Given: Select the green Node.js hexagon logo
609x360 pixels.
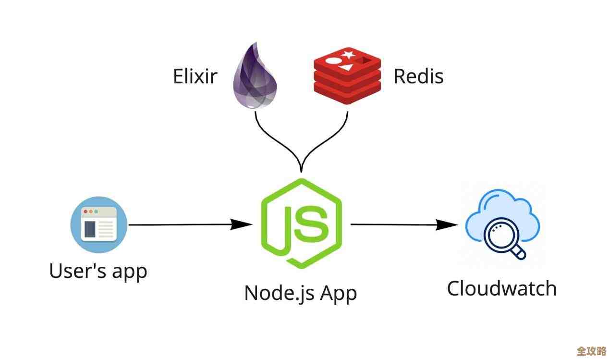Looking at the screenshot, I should pos(301,223).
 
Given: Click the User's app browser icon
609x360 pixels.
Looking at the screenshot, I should pos(98,224).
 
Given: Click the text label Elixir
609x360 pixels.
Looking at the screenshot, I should pos(195,76).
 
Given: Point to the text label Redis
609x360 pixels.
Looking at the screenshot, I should pos(418,76).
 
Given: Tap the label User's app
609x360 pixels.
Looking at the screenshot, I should pos(98,271).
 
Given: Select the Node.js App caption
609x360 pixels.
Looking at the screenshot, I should pos(300,293).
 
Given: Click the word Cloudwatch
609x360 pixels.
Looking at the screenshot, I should pos(501,288).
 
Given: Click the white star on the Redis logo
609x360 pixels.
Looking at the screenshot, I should pos(347,54).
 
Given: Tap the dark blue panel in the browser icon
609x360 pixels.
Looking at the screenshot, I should pos(90,229).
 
